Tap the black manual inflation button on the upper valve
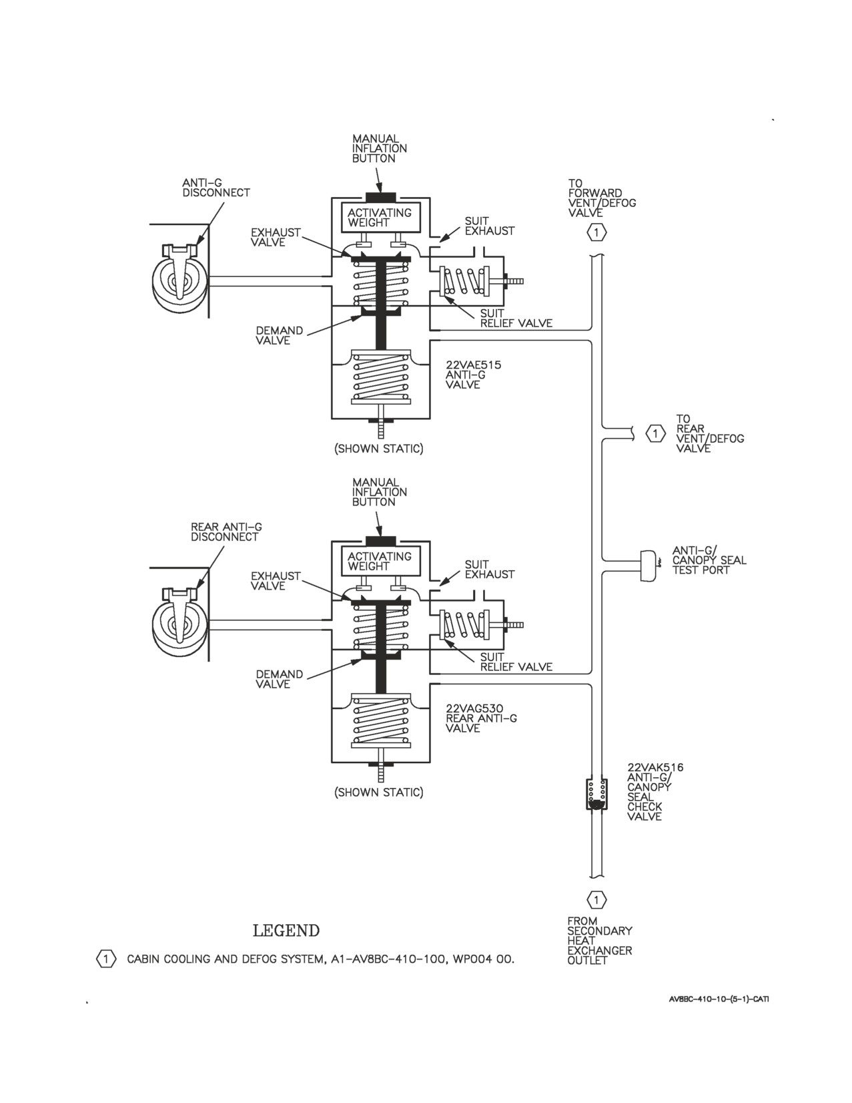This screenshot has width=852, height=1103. [x=380, y=197]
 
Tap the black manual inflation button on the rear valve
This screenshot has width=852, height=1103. [x=380, y=541]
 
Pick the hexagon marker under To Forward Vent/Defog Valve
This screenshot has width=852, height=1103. [x=596, y=233]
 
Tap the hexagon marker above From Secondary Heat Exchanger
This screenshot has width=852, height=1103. [x=596, y=900]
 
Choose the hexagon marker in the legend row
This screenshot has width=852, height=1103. [x=106, y=959]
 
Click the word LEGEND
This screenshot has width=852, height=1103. [x=286, y=931]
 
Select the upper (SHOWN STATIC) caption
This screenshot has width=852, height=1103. [x=379, y=449]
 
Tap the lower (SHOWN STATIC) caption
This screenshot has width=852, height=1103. [x=379, y=793]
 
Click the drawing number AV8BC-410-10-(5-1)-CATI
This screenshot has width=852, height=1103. [x=719, y=999]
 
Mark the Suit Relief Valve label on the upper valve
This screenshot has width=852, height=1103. [x=516, y=318]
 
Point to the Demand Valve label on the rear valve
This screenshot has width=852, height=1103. [x=280, y=679]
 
